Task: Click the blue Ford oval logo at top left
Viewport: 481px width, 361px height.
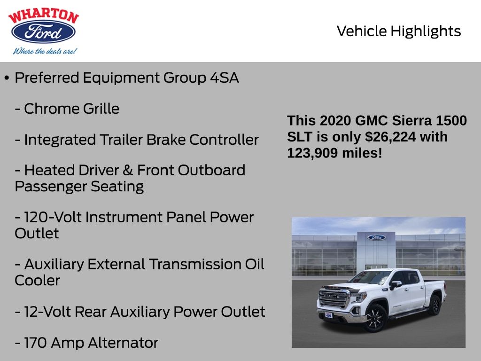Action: click(43, 31)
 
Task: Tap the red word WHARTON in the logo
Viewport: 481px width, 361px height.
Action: click(44, 16)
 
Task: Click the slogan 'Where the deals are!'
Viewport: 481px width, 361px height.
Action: click(45, 51)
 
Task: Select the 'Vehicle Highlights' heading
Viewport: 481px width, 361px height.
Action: click(398, 31)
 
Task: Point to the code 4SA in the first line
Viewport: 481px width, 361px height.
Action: click(224, 78)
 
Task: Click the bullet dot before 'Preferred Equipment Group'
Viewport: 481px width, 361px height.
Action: click(7, 78)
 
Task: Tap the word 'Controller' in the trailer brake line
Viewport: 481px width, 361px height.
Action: click(224, 140)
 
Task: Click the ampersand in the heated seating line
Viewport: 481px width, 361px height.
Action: click(128, 170)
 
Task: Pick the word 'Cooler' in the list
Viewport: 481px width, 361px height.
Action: click(37, 281)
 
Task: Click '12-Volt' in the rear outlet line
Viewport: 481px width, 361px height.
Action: click(47, 312)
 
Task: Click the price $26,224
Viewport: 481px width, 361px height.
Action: click(390, 137)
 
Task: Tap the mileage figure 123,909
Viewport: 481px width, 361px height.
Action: click(312, 153)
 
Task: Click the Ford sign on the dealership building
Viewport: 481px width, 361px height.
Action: click(376, 237)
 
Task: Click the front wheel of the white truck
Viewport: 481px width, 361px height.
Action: click(375, 318)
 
